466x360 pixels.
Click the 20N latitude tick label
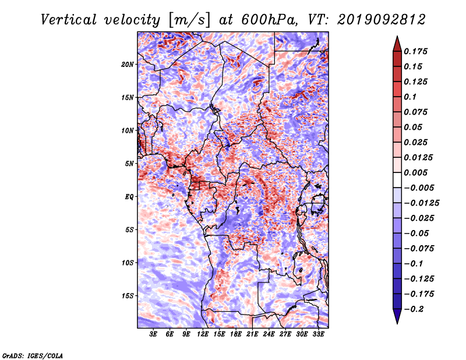pos(128,65)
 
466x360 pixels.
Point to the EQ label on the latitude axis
pos(129,197)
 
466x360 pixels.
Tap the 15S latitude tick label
pos(128,296)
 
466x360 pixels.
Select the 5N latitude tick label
pos(129,164)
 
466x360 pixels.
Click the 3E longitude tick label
pos(153,334)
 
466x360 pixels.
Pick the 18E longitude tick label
pos(236,334)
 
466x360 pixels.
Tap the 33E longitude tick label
pos(318,334)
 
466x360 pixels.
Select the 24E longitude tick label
pos(269,334)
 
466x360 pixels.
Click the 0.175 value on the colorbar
pos(415,51)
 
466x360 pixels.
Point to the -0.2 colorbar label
pos(414,309)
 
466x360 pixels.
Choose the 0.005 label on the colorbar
pos(415,172)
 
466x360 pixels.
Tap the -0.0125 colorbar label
pos(421,203)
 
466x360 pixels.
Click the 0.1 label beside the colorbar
pos(410,97)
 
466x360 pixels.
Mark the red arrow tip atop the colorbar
pos(397,36)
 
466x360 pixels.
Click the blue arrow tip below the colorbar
pos(397,323)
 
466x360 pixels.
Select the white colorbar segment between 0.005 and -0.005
pos(397,180)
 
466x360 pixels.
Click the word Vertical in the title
pos(69,20)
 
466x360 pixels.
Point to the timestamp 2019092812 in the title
pos(382,20)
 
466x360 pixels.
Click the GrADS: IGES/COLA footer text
pos(33,355)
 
